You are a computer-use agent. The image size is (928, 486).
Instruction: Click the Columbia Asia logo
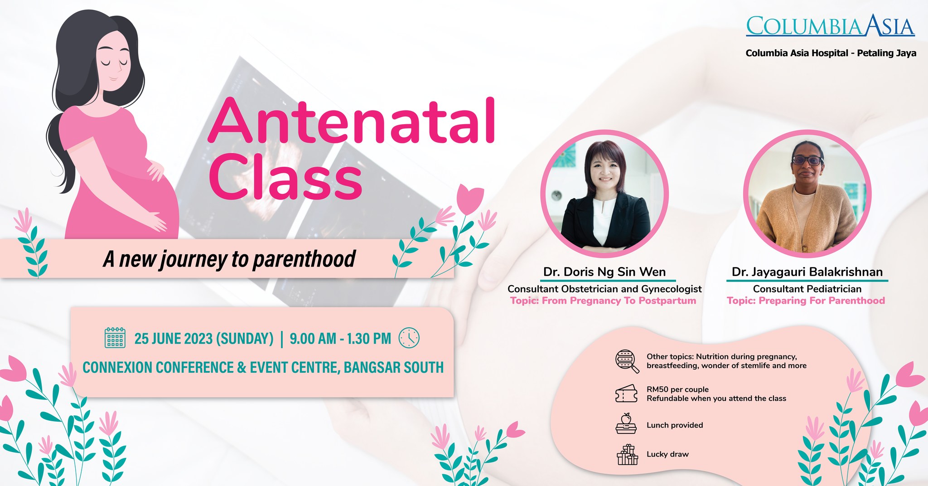tap(830, 26)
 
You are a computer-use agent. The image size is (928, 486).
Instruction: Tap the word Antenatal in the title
tap(351, 121)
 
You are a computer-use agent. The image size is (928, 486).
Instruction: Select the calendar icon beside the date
tap(115, 338)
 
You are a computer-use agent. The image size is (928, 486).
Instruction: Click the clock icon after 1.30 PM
tap(409, 338)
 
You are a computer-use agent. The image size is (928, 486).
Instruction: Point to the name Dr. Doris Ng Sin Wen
tap(604, 272)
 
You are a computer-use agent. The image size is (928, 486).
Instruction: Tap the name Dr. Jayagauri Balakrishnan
tap(807, 272)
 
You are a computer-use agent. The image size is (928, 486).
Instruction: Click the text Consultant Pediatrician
tap(807, 289)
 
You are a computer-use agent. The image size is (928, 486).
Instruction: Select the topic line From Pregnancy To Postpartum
tap(603, 301)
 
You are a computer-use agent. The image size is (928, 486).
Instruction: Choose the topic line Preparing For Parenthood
tap(806, 301)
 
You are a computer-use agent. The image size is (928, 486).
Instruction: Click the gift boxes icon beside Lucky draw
tap(627, 455)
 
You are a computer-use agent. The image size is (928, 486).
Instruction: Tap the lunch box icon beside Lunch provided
tap(626, 424)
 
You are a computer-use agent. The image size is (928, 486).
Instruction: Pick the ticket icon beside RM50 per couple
tap(626, 394)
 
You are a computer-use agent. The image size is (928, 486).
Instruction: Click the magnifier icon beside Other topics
tap(627, 361)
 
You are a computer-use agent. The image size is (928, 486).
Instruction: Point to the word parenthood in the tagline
tap(304, 259)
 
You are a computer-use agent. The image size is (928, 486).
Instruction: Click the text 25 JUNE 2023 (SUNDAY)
tap(204, 339)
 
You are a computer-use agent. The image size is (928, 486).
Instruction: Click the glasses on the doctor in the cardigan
tap(807, 160)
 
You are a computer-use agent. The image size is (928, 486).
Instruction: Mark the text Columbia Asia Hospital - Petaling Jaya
tap(831, 53)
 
